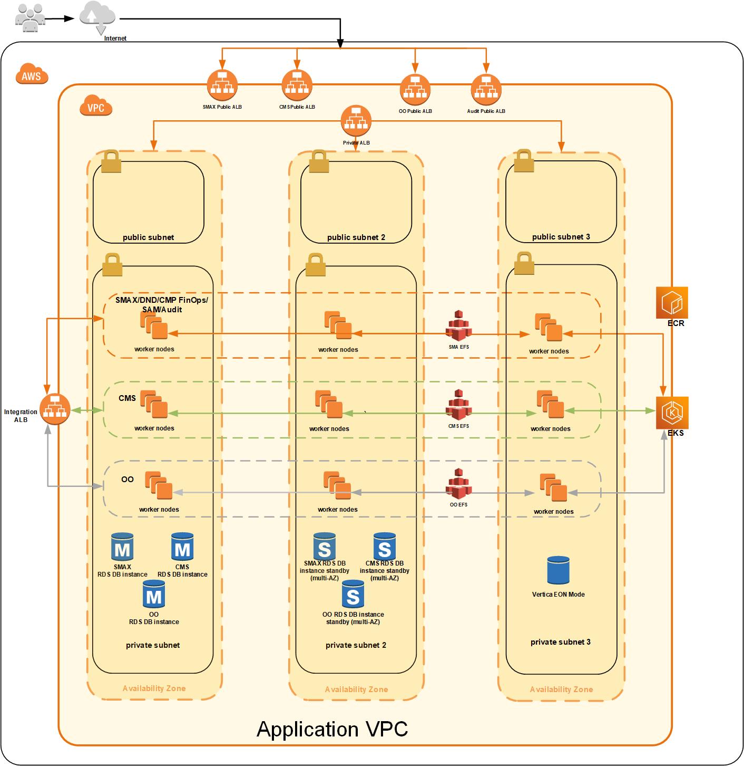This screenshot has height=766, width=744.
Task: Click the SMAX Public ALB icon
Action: (222, 85)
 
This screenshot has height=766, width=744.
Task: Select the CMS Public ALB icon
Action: (297, 85)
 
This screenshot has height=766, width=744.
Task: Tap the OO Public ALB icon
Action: (415, 89)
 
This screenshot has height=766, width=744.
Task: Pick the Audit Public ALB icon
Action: (486, 89)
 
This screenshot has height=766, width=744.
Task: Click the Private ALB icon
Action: (356, 121)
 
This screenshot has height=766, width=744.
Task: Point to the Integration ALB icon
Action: (55, 409)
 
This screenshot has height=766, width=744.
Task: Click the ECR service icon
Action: (672, 303)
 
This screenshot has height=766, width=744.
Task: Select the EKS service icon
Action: (672, 413)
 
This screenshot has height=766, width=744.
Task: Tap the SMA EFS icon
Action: (458, 326)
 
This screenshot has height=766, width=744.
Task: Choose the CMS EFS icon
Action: (458, 405)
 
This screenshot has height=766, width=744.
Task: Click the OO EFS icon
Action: (458, 484)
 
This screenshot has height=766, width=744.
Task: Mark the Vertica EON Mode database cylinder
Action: (558, 570)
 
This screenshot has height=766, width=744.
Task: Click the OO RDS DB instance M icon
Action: (154, 595)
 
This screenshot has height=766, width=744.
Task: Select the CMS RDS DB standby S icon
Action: (385, 547)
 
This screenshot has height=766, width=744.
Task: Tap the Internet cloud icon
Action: (98, 16)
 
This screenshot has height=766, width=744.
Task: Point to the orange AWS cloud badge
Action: (32, 75)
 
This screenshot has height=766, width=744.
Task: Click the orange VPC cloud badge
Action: (96, 106)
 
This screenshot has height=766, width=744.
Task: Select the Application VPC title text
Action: (332, 729)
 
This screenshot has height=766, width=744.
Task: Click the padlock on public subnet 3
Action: (524, 161)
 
